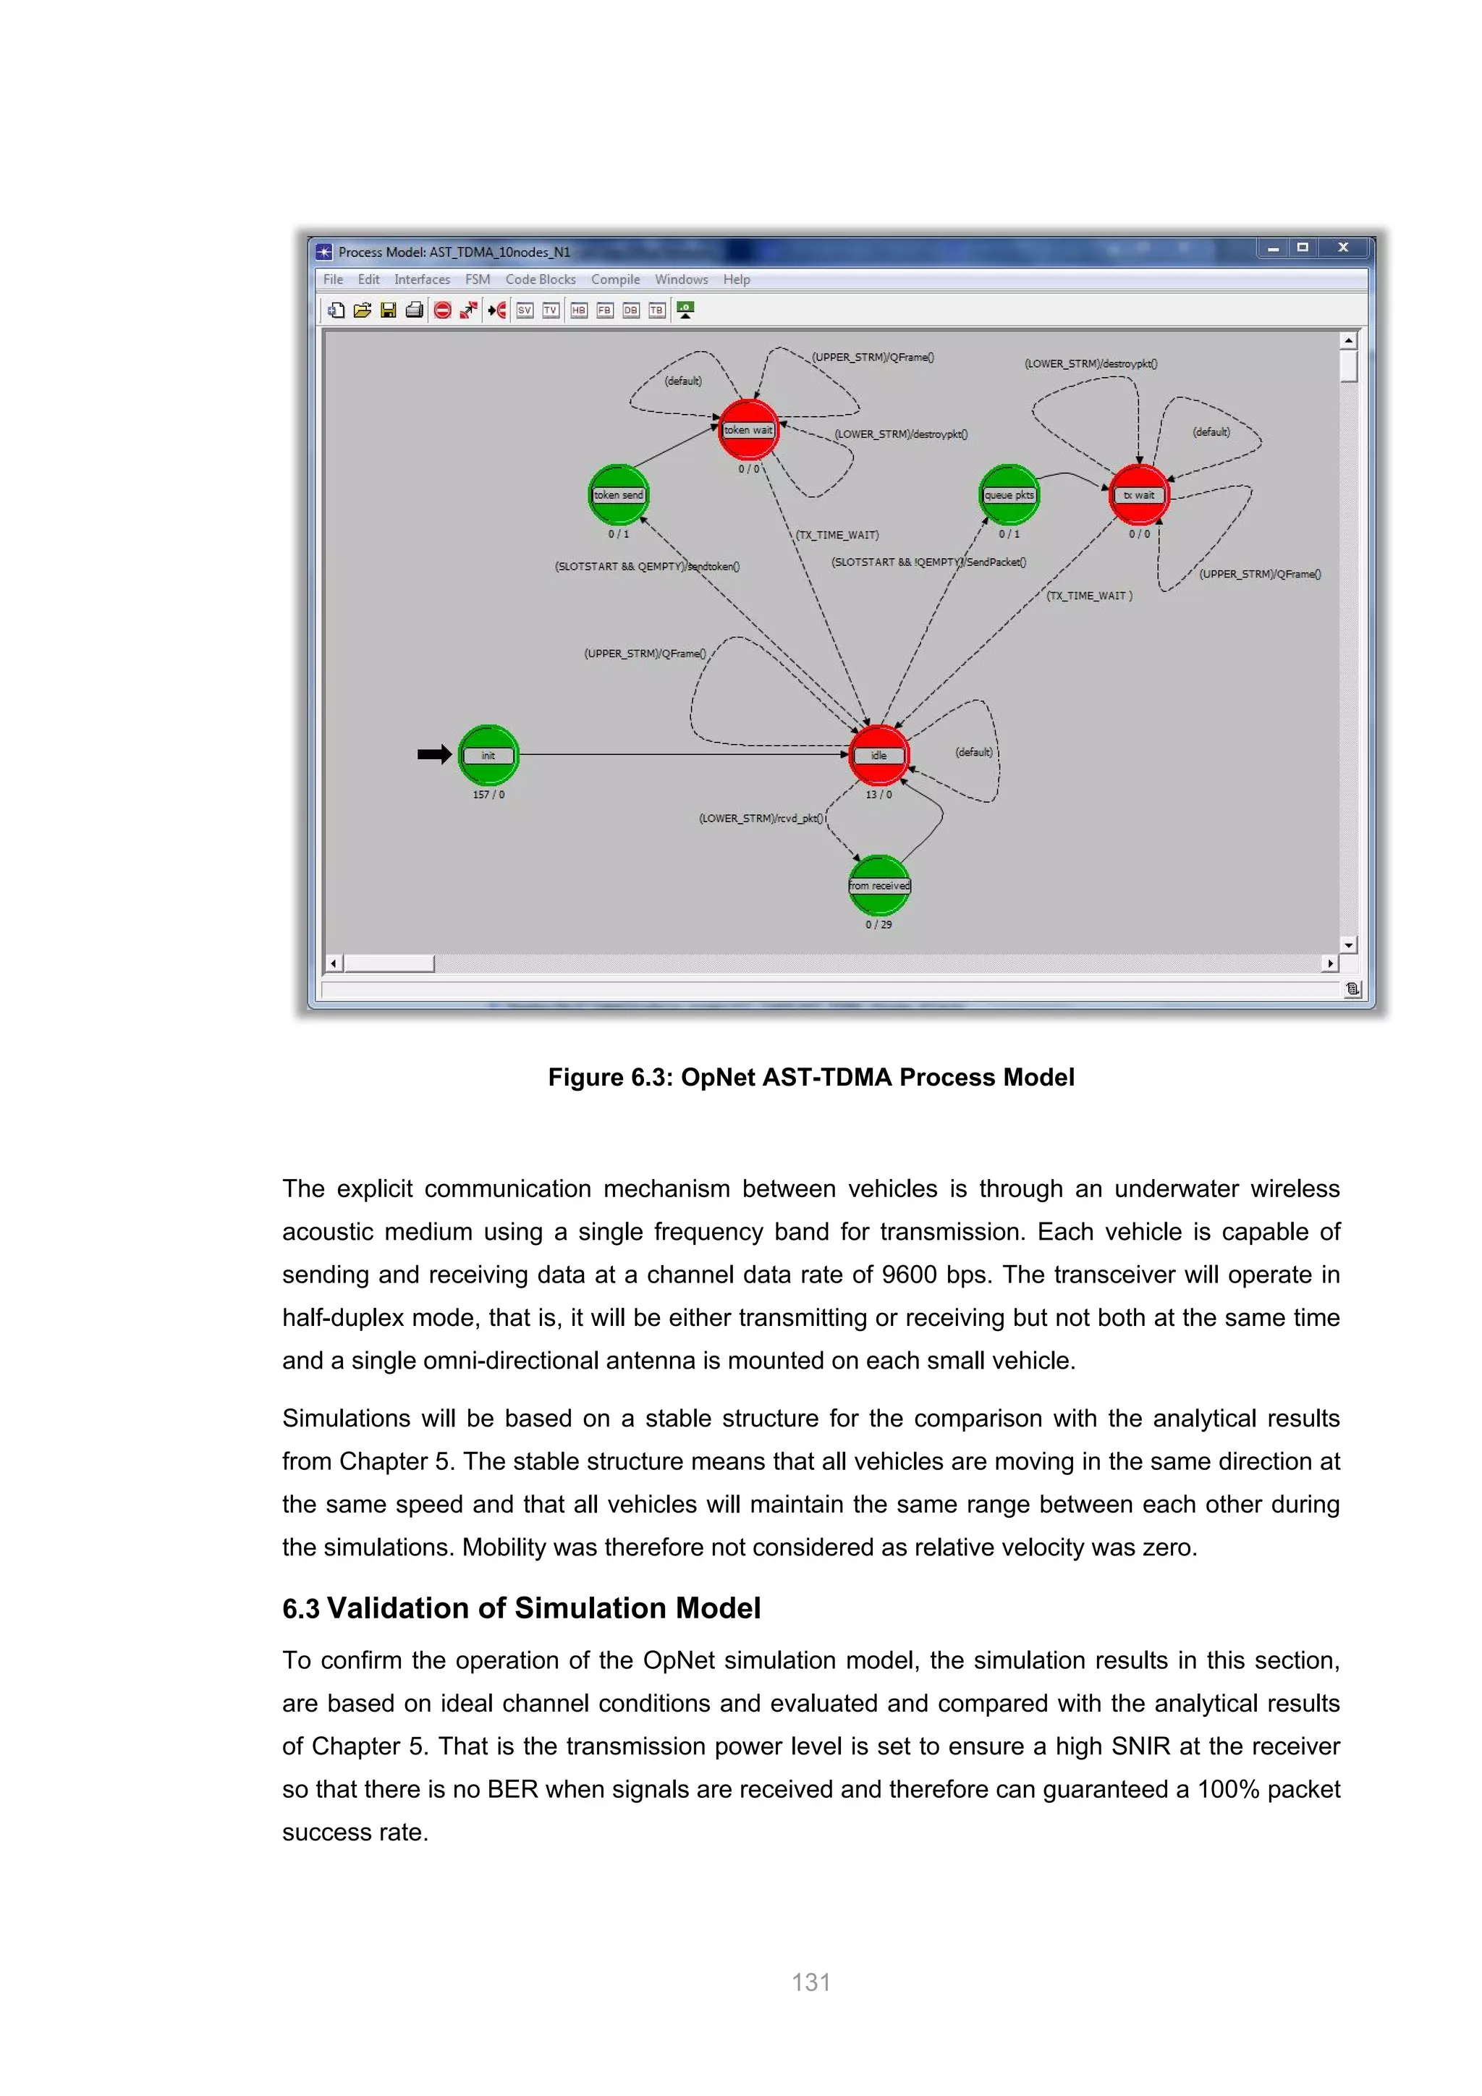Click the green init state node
click(x=488, y=755)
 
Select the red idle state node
click(x=878, y=755)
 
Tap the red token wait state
click(x=748, y=430)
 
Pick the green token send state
click(x=619, y=495)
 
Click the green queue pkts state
click(x=1008, y=495)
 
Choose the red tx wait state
click(x=1139, y=495)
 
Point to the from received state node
click(x=878, y=884)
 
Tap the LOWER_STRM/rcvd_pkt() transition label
click(x=761, y=819)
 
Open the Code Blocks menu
click(x=541, y=279)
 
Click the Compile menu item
click(x=615, y=279)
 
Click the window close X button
click(x=1342, y=248)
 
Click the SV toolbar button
click(x=525, y=310)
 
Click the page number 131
click(x=810, y=1982)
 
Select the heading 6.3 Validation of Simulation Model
click(x=521, y=1607)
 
